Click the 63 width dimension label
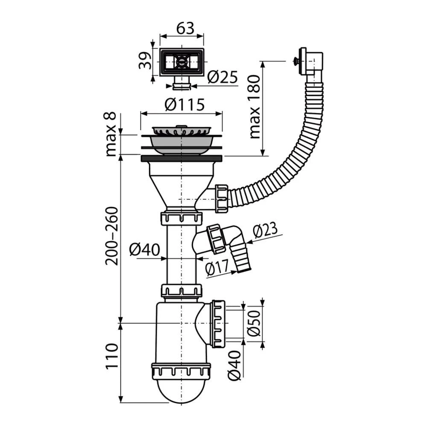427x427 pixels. point(185,28)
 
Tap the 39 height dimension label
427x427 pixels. point(145,61)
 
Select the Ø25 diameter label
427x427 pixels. point(222,77)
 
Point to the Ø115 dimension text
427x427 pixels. point(184,105)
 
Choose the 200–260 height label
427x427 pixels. point(112,236)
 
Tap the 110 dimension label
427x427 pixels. point(112,356)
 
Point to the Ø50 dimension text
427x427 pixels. point(254,323)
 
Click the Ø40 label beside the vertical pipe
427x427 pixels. point(144,250)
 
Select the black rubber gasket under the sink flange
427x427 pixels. point(181,158)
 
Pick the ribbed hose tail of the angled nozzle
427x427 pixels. point(242,257)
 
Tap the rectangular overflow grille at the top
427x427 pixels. point(181,62)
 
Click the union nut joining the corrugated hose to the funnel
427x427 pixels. point(221,199)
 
